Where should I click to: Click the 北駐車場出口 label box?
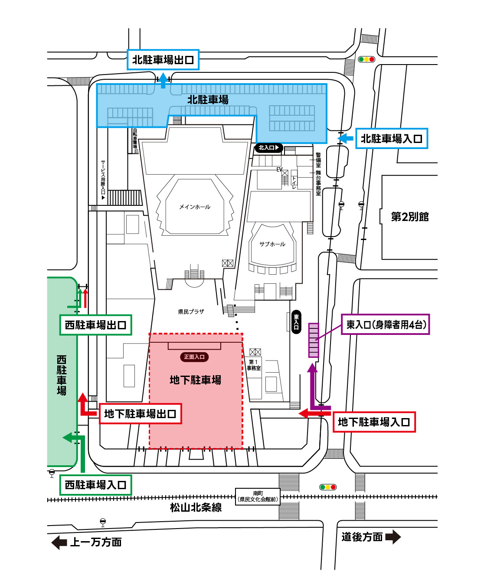(163, 60)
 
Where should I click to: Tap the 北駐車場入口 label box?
(392, 139)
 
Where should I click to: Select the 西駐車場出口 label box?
(95, 325)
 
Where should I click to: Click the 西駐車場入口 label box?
(95, 485)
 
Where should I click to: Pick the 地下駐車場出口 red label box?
(140, 414)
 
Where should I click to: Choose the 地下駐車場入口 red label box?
(374, 422)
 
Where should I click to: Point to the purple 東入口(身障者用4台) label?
(386, 324)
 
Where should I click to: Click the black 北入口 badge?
(269, 148)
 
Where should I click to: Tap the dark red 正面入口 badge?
(194, 357)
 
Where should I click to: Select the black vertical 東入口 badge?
(296, 322)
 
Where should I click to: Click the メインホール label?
(195, 207)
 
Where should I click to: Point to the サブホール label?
(272, 244)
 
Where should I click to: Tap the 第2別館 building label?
(410, 217)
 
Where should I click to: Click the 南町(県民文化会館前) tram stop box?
(258, 497)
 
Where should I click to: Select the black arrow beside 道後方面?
(393, 537)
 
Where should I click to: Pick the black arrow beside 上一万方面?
(59, 542)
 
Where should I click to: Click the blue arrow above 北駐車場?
(163, 81)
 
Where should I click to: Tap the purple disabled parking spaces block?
(314, 340)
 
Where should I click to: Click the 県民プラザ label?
(191, 312)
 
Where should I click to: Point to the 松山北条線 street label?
(196, 507)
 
